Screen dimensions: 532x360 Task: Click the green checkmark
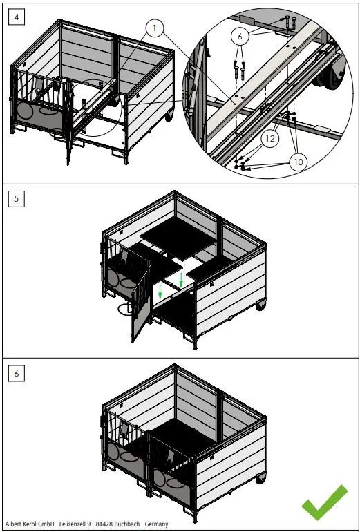coord(324,502)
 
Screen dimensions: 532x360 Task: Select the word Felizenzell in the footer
coord(75,524)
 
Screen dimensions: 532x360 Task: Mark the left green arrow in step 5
coord(160,293)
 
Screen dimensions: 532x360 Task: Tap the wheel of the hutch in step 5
coord(260,305)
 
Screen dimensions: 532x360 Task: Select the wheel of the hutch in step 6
coord(260,476)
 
